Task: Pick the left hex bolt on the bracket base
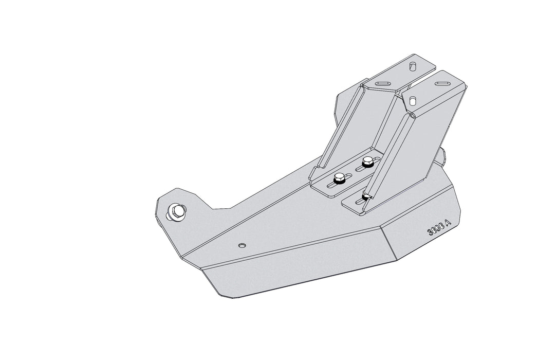pos(339,179)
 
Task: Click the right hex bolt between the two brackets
pos(367,163)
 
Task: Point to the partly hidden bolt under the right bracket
pos(365,196)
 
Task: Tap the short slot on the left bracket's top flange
pos(412,66)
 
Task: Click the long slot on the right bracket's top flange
pos(443,81)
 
